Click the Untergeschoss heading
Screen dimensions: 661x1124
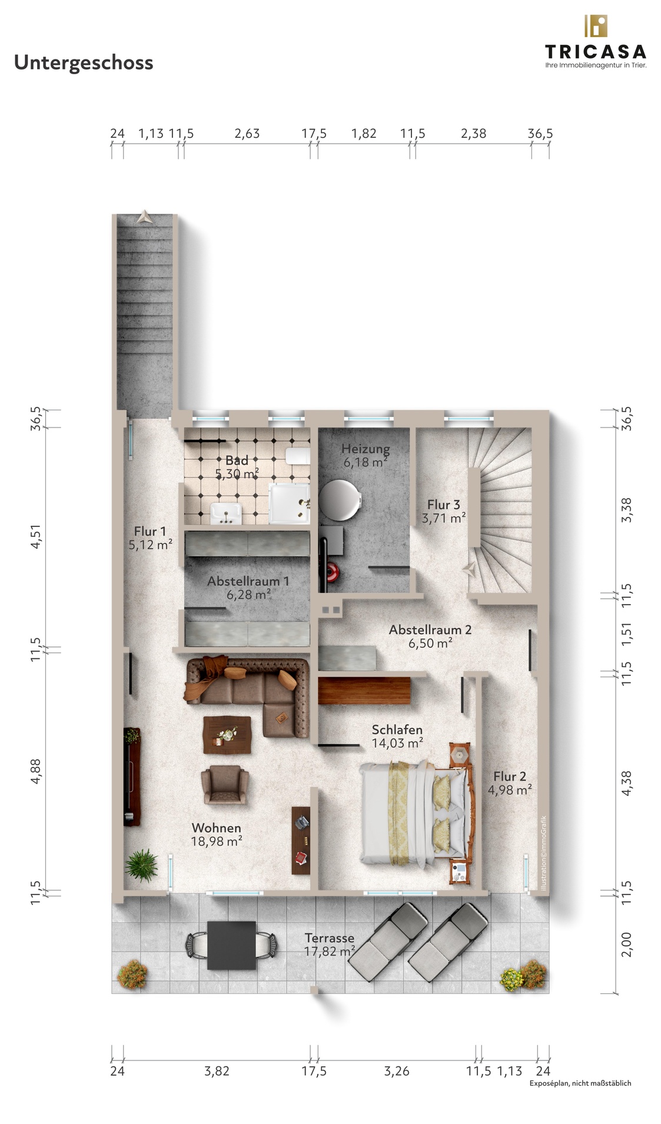pos(84,62)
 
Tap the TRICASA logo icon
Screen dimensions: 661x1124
pos(595,26)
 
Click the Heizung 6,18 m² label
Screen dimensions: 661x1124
pos(366,455)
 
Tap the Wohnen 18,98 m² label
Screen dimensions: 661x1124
pos(217,834)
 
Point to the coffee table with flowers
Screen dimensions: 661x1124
pos(227,734)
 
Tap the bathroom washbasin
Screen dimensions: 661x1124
pos(225,513)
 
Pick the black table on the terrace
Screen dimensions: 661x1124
pos(231,945)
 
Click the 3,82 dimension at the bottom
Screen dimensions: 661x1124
pos(217,1071)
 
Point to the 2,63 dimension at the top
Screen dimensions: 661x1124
pos(247,134)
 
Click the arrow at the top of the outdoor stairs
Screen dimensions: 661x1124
pos(144,217)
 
